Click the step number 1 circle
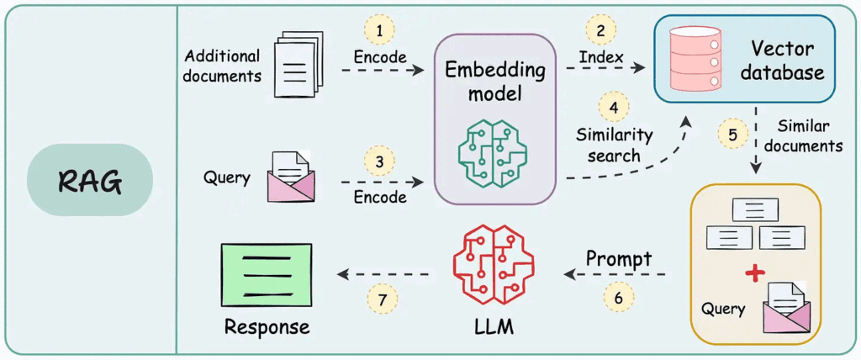(x=379, y=31)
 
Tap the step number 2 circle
(x=600, y=31)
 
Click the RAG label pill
(x=90, y=180)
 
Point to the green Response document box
(x=266, y=273)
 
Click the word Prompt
(x=619, y=258)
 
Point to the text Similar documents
(x=808, y=136)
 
